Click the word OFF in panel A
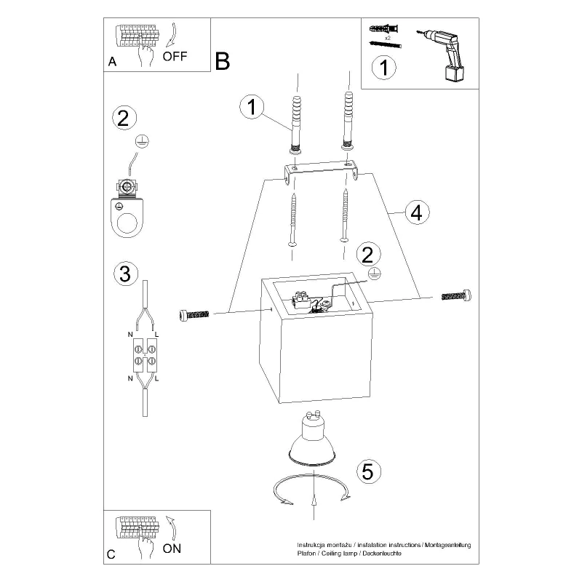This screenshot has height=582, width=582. pos(175,57)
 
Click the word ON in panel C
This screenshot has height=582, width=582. pos(172,549)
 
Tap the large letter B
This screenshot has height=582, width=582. pos(223,61)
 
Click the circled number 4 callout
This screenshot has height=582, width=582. pos(417,212)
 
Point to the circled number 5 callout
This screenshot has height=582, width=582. pos(369,471)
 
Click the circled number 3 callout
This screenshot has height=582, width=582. pos(125,274)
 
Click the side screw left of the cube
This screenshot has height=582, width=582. pos(194,316)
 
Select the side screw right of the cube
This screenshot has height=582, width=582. pos(457,296)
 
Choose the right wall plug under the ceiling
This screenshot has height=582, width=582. pos(348,121)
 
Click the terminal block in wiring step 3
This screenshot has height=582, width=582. pos(145,356)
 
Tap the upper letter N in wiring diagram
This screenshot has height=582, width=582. pos(130,335)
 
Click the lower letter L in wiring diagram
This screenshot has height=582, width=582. pos(156,378)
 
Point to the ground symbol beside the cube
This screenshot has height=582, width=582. pos(375,274)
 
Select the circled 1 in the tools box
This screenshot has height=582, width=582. pos(384,68)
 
